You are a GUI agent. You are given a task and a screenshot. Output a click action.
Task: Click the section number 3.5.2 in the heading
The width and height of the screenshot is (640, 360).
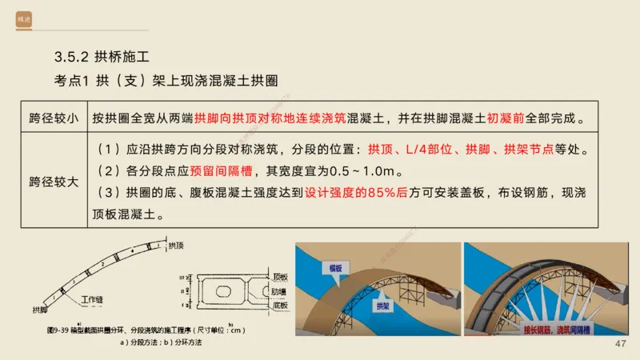70,58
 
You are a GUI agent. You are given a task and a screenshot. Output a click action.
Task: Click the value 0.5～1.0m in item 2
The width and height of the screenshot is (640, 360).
369,171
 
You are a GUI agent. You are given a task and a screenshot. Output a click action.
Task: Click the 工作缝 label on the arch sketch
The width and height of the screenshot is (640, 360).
94,300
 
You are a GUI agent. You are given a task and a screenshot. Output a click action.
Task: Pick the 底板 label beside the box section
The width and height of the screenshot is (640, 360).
280,305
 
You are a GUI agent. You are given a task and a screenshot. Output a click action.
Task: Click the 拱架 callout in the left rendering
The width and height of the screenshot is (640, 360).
383,306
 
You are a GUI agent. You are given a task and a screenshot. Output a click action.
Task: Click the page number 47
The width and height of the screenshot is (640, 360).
620,344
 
